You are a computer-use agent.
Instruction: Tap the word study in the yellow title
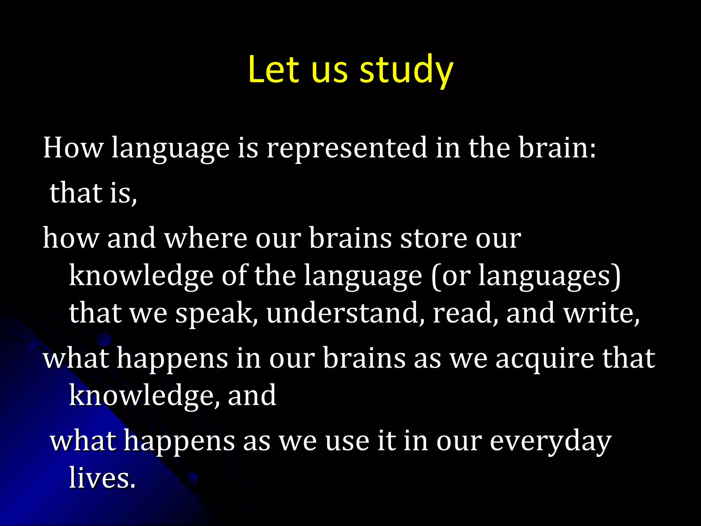click(406, 70)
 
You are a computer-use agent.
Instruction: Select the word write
click(601, 313)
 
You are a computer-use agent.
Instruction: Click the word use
click(347, 442)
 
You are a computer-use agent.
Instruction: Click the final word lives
click(102, 478)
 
